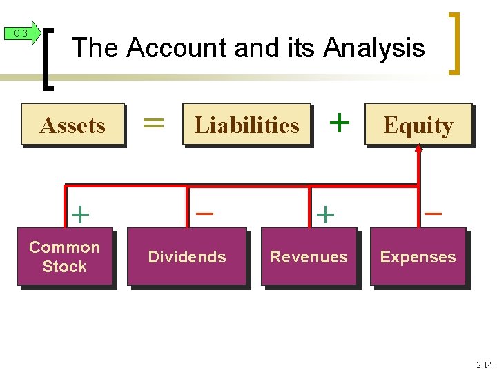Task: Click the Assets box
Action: pos(72,125)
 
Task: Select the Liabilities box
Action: pos(246,125)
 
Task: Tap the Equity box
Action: pos(418,125)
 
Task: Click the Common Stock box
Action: pos(65,257)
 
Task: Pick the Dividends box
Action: pos(186,257)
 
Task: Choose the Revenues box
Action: pos(309,257)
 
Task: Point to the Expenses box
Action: pos(418,257)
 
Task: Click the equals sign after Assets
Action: pos(153,123)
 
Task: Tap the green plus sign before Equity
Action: pos(338,122)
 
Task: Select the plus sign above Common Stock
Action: pos(80,214)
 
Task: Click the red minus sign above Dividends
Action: pos(204,213)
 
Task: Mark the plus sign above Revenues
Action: pos(324,214)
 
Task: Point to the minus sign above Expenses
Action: pos(433,213)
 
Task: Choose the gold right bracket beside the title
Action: pos(454,43)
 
